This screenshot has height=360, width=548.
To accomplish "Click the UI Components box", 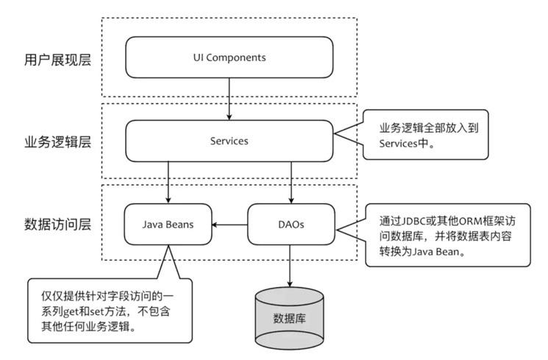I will (x=229, y=57).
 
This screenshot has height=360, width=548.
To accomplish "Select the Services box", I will (x=229, y=140).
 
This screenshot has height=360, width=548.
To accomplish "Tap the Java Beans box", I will (x=168, y=224).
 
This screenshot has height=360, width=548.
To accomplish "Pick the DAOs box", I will (x=291, y=224).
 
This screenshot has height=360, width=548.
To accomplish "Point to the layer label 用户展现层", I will (x=58, y=60).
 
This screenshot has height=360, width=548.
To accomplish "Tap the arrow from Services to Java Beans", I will (x=168, y=180).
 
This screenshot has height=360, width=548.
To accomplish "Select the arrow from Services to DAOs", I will (x=291, y=180).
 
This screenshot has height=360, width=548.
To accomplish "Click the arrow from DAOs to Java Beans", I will (x=229, y=224).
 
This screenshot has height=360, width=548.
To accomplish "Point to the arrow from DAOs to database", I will (x=291, y=267).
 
